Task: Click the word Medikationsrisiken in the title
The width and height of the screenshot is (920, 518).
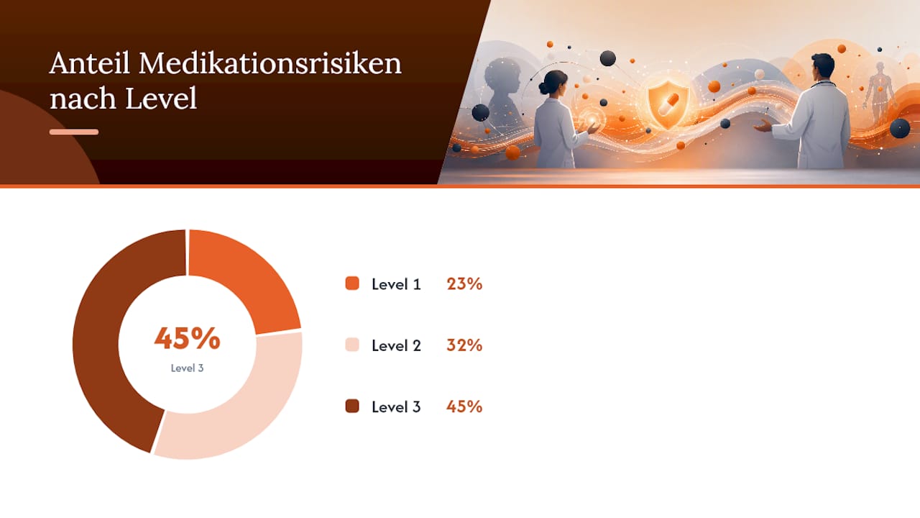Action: coord(270,63)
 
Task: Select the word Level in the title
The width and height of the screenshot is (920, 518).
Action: coord(161,99)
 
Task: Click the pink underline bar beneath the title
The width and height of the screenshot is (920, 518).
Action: coord(74,132)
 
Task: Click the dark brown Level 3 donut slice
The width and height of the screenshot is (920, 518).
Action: coord(111,341)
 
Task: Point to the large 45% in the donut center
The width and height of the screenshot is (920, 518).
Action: coord(188,338)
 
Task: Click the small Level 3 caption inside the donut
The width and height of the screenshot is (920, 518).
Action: coord(188,368)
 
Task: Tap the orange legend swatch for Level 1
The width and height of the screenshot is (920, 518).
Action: coord(352,283)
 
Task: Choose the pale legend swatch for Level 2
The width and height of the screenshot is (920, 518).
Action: coord(352,345)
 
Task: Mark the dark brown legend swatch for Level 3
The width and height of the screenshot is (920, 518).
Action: coord(352,406)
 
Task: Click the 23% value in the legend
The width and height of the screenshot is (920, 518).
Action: coord(464,283)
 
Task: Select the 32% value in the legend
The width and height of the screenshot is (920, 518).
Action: coord(464,345)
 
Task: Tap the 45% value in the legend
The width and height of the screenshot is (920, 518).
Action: coord(464,406)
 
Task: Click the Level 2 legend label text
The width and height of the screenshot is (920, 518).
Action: coord(396,345)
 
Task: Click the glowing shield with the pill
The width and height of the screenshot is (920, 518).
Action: coord(668,104)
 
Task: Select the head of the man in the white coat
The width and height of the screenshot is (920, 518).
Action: coord(823,68)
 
